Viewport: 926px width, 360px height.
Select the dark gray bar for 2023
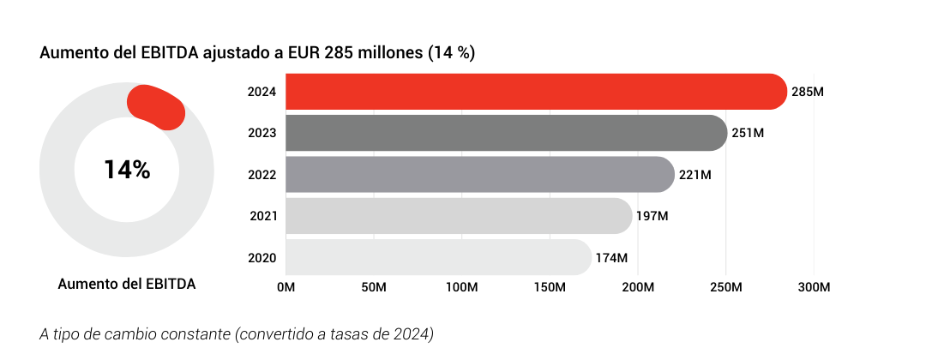coord(506,133)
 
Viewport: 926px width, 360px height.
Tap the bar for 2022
coord(480,175)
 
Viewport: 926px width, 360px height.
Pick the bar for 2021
coord(459,216)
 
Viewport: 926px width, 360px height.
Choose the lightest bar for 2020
coord(437,257)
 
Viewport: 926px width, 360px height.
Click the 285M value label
coord(808,92)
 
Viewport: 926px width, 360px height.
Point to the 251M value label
coord(748,133)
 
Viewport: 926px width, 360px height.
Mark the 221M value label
coord(694,175)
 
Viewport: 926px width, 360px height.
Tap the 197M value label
coord(652,216)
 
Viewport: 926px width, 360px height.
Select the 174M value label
coord(611,257)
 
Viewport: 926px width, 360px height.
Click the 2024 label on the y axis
coord(262,92)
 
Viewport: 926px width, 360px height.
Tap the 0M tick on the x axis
coord(286,286)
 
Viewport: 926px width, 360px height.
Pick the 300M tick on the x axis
coord(814,286)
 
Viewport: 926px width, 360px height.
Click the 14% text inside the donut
coord(127,170)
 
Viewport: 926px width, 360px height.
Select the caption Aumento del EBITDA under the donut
coord(127,285)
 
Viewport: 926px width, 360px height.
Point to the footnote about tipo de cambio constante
coord(237,333)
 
